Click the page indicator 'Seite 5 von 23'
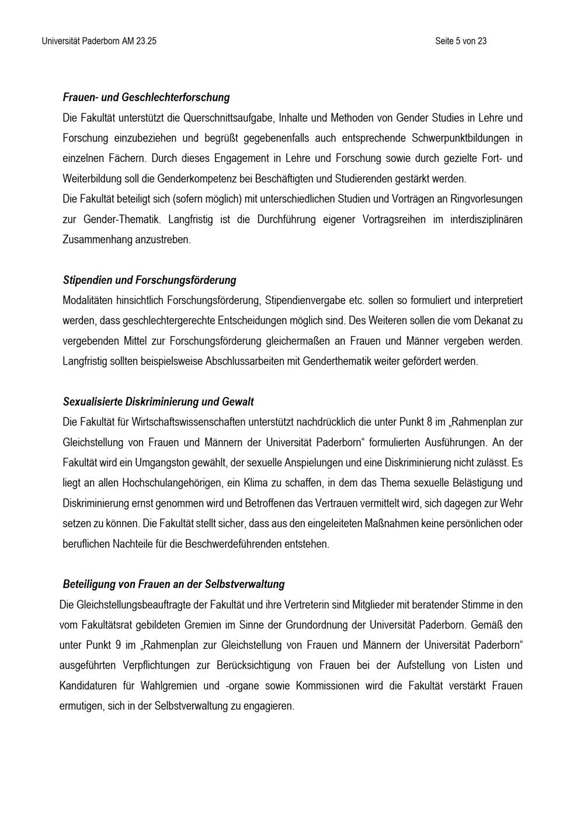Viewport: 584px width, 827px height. coord(461,41)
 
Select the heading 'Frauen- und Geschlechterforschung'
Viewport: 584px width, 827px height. coord(146,98)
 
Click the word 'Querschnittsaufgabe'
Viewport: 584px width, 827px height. coord(228,118)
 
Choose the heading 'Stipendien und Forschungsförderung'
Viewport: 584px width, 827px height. coord(150,280)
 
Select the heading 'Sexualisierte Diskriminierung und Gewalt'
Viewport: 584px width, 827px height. coord(158,402)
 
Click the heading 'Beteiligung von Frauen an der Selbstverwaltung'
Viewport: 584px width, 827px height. coord(173,584)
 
